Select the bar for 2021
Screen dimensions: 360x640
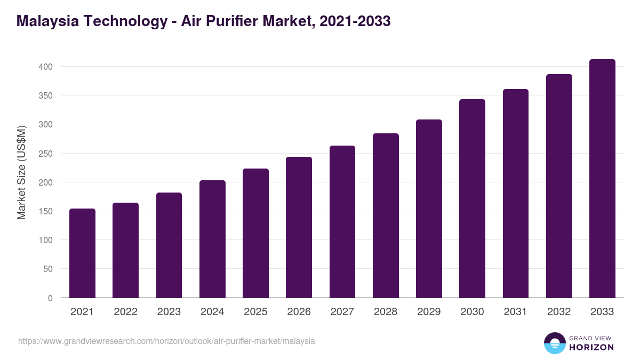[x=82, y=253]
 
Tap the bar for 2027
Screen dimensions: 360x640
[x=342, y=222]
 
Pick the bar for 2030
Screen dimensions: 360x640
[x=472, y=198]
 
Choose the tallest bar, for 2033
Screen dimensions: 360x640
[x=602, y=179]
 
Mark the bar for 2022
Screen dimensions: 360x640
[x=125, y=250]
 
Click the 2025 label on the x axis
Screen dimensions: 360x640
[x=255, y=312]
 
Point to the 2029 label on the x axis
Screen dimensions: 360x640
[x=429, y=312]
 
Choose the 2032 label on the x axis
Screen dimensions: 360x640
[x=559, y=312]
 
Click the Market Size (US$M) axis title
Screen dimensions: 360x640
[x=21, y=173]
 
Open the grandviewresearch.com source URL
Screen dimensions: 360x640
[x=166, y=341]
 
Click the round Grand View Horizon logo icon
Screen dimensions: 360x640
[x=554, y=343]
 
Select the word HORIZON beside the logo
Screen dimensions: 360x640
[x=591, y=347]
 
